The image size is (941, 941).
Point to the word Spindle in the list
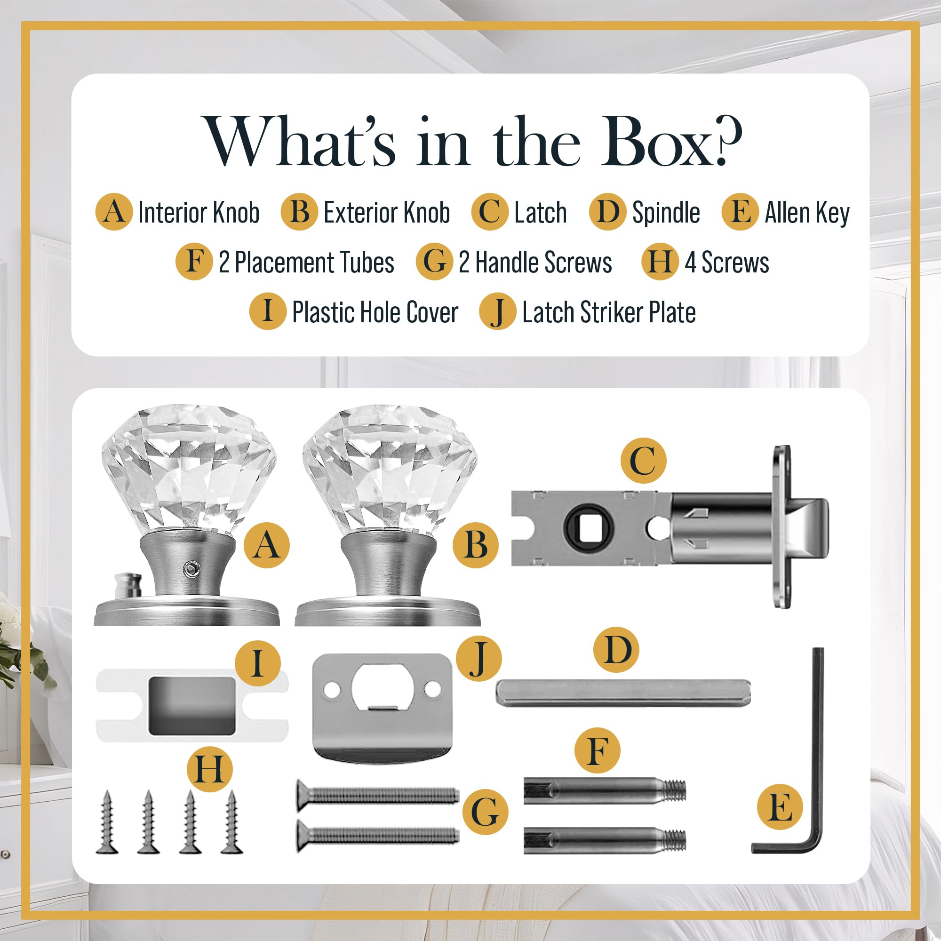(x=666, y=213)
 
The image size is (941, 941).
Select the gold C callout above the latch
(x=643, y=460)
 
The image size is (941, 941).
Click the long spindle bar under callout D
(x=623, y=693)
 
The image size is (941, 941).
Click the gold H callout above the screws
(x=210, y=770)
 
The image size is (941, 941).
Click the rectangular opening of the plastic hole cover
(x=191, y=705)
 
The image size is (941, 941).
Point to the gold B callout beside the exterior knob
(x=476, y=545)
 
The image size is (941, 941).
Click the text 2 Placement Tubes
(x=306, y=262)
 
